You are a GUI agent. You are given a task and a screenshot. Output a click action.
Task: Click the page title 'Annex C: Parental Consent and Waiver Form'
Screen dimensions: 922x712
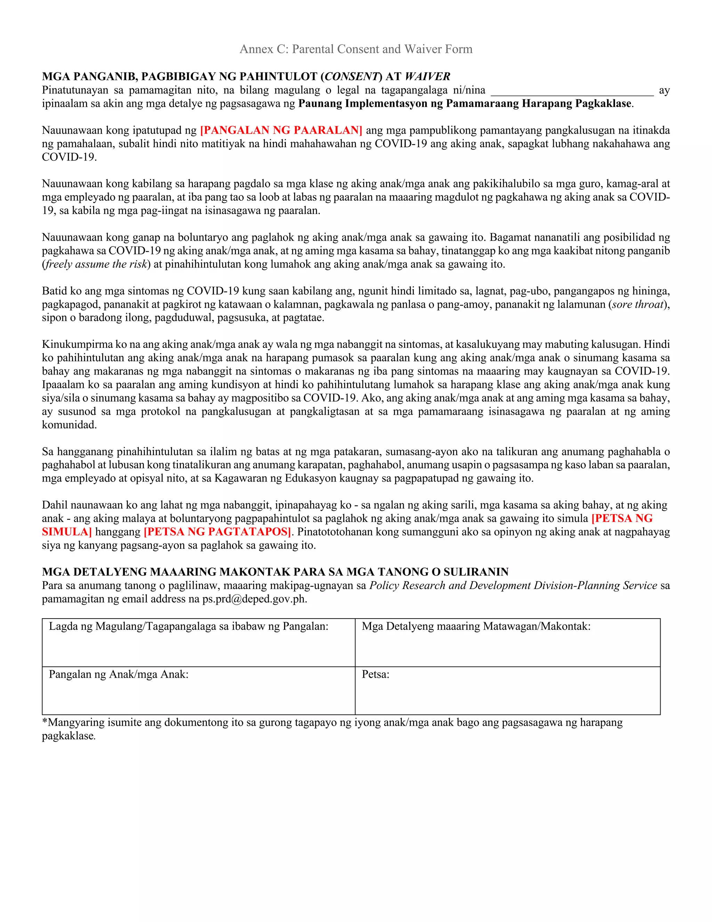pos(356,49)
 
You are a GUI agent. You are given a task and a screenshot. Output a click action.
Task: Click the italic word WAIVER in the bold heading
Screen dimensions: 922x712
pos(427,77)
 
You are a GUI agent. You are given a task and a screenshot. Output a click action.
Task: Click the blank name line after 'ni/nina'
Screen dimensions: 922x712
pos(572,91)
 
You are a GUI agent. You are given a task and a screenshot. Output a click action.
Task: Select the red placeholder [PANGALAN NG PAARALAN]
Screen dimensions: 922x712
pos(281,130)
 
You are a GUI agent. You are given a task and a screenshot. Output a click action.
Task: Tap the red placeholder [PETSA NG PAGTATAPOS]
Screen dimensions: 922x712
pos(217,532)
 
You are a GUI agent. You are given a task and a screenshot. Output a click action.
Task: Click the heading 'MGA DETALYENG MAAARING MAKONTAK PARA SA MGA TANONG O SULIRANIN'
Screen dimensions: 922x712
pos(275,572)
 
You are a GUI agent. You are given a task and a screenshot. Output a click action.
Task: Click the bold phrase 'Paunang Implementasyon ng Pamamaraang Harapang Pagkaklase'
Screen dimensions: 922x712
pos(465,103)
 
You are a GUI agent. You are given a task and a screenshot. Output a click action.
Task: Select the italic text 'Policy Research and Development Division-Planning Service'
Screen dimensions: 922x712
pos(513,585)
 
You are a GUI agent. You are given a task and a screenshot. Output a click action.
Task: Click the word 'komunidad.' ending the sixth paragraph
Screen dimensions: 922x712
pos(69,425)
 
